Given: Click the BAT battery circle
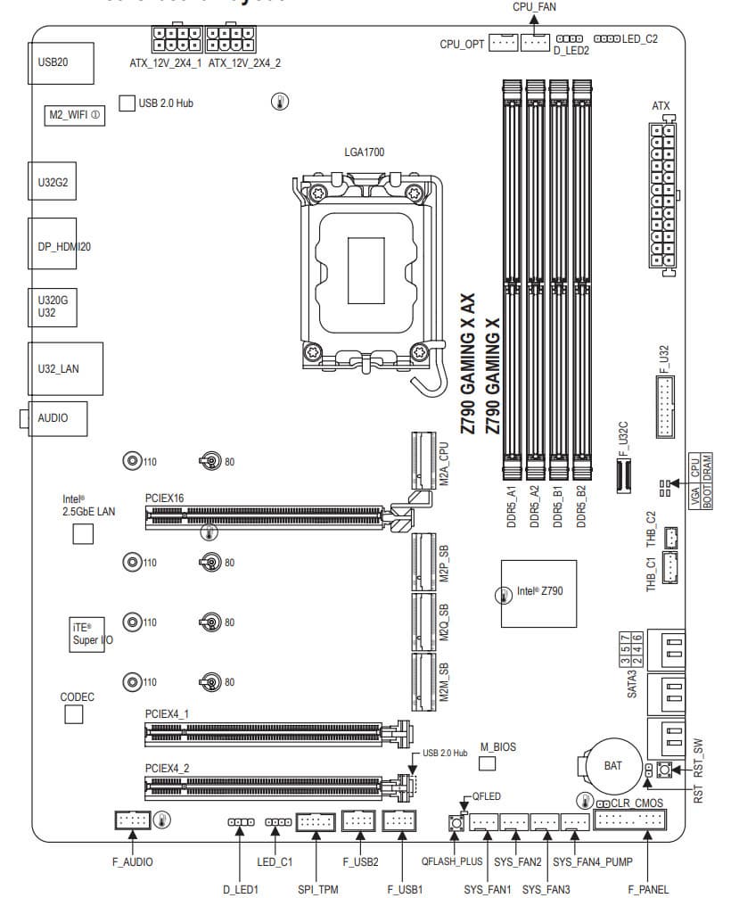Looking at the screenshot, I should [x=612, y=765].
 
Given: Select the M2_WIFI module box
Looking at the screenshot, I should [x=75, y=115].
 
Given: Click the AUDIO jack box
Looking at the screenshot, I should [x=59, y=417].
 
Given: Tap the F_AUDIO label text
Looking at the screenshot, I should [x=132, y=861].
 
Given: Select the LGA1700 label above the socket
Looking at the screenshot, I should [x=365, y=152].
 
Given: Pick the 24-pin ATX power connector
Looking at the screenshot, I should [x=661, y=196].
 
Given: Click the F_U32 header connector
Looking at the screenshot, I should [x=666, y=406].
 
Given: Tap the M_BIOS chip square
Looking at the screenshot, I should [x=487, y=763].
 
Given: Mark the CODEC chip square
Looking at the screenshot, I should [x=74, y=713].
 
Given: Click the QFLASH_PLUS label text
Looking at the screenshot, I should [x=452, y=862].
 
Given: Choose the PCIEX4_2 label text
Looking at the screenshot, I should [x=167, y=767].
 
